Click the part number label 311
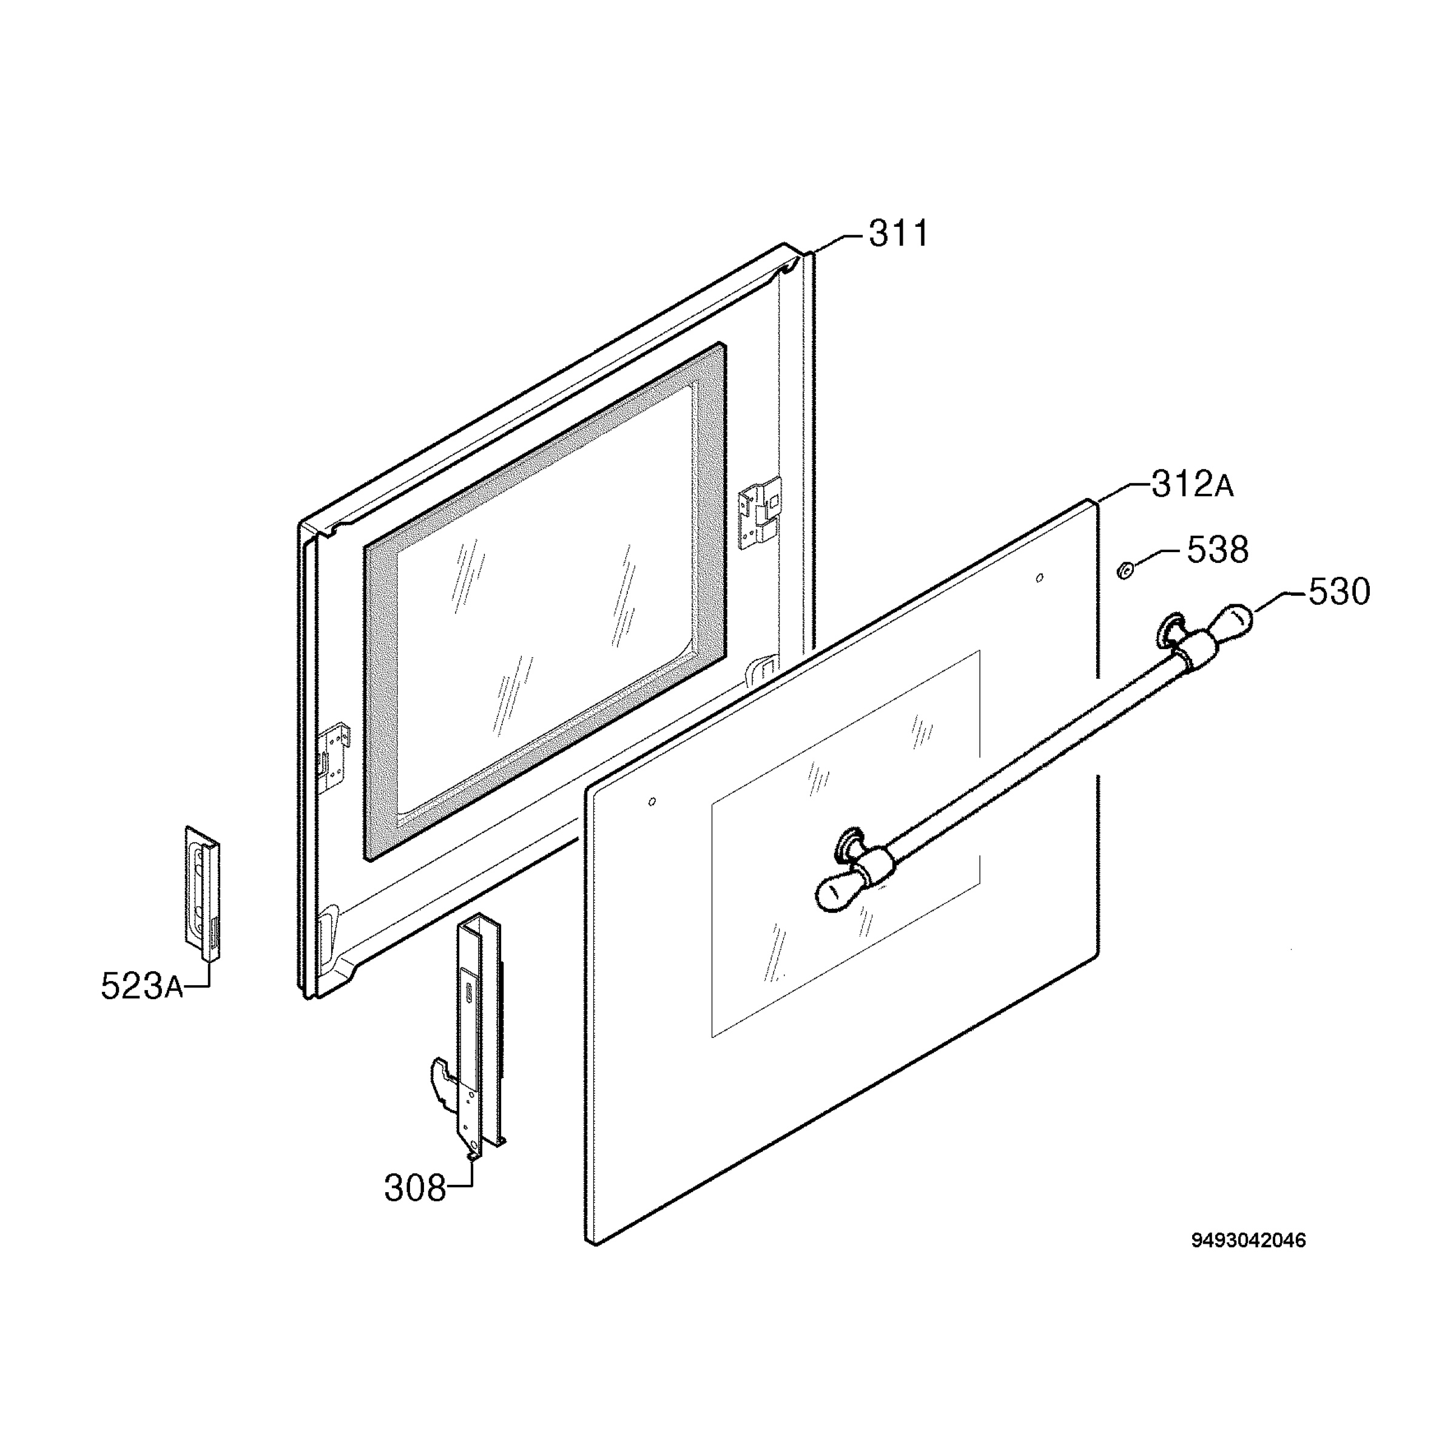[x=899, y=234]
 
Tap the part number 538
[x=1218, y=550]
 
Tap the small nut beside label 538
[x=1124, y=572]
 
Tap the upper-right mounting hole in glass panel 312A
[x=1040, y=578]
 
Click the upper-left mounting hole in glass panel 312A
[x=652, y=800]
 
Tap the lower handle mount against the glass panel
[x=850, y=845]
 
